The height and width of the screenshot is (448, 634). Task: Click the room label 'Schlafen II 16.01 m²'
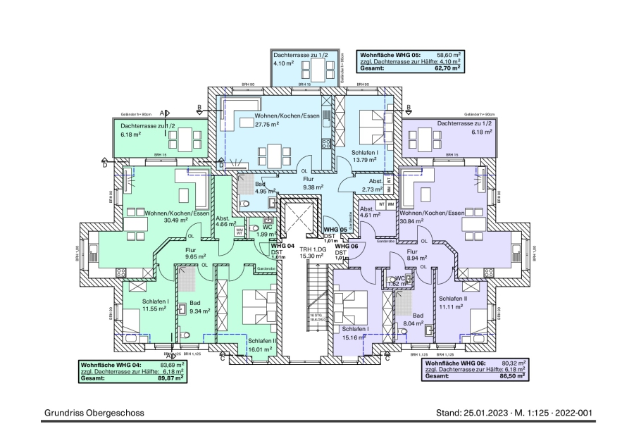261,344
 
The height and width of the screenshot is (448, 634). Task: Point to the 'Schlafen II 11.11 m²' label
452,302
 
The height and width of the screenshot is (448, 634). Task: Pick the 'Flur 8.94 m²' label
416,255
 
